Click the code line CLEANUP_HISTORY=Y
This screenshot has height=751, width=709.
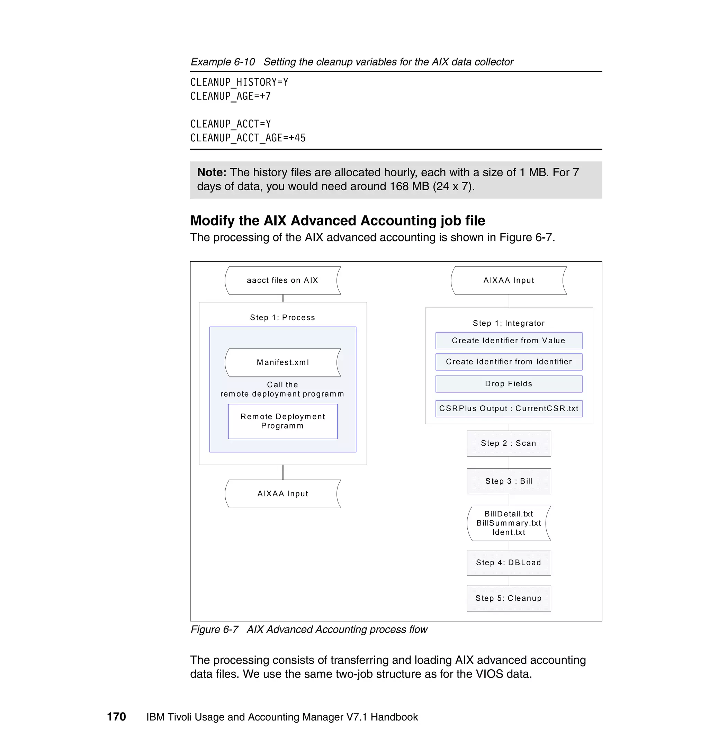[x=239, y=82]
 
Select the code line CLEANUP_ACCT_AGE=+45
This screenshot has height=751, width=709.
[x=248, y=138]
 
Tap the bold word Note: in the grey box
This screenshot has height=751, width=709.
[x=212, y=173]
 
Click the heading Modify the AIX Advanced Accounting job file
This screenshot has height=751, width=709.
[x=338, y=220]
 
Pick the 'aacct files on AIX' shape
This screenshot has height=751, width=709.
[x=282, y=281]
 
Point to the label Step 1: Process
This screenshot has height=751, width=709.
[x=282, y=318]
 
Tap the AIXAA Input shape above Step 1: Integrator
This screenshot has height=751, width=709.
[x=509, y=281]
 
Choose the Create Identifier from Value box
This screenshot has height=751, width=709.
[x=509, y=341]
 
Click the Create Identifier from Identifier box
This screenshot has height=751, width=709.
[x=509, y=362]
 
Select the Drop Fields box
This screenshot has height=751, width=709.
[x=509, y=384]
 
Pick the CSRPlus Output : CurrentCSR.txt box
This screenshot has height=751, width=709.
[x=509, y=409]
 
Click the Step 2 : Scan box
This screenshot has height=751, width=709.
[x=509, y=443]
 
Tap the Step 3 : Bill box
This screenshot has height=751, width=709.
[x=509, y=481]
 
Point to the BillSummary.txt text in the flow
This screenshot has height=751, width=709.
[x=509, y=523]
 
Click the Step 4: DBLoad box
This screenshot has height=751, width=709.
[x=509, y=563]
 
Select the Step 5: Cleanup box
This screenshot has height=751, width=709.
[x=509, y=598]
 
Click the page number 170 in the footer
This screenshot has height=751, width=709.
[x=116, y=717]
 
